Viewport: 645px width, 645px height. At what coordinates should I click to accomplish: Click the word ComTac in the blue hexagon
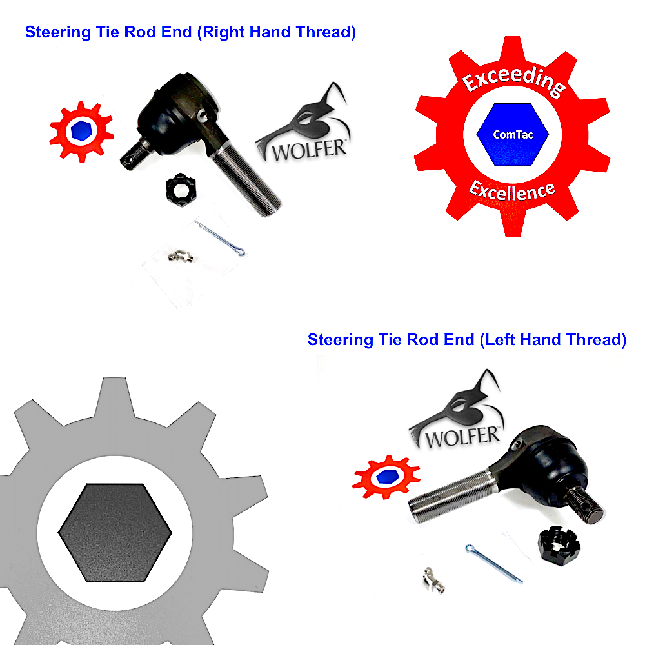pyautogui.click(x=513, y=135)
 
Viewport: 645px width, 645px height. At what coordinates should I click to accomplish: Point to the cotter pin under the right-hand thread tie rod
pyautogui.click(x=220, y=238)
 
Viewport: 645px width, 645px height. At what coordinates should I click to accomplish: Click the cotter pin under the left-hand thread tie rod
pyautogui.click(x=494, y=564)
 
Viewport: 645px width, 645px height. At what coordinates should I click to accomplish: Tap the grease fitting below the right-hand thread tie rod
pyautogui.click(x=181, y=256)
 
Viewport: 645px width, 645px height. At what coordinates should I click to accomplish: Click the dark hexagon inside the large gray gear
pyautogui.click(x=115, y=533)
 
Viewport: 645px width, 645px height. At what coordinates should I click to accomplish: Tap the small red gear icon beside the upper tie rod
pyautogui.click(x=81, y=132)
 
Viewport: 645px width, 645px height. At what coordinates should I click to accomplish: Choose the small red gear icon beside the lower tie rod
pyautogui.click(x=386, y=477)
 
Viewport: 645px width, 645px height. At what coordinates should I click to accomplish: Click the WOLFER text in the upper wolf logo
pyautogui.click(x=309, y=150)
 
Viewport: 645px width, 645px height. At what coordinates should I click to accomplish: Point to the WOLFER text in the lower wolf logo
pyautogui.click(x=462, y=437)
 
